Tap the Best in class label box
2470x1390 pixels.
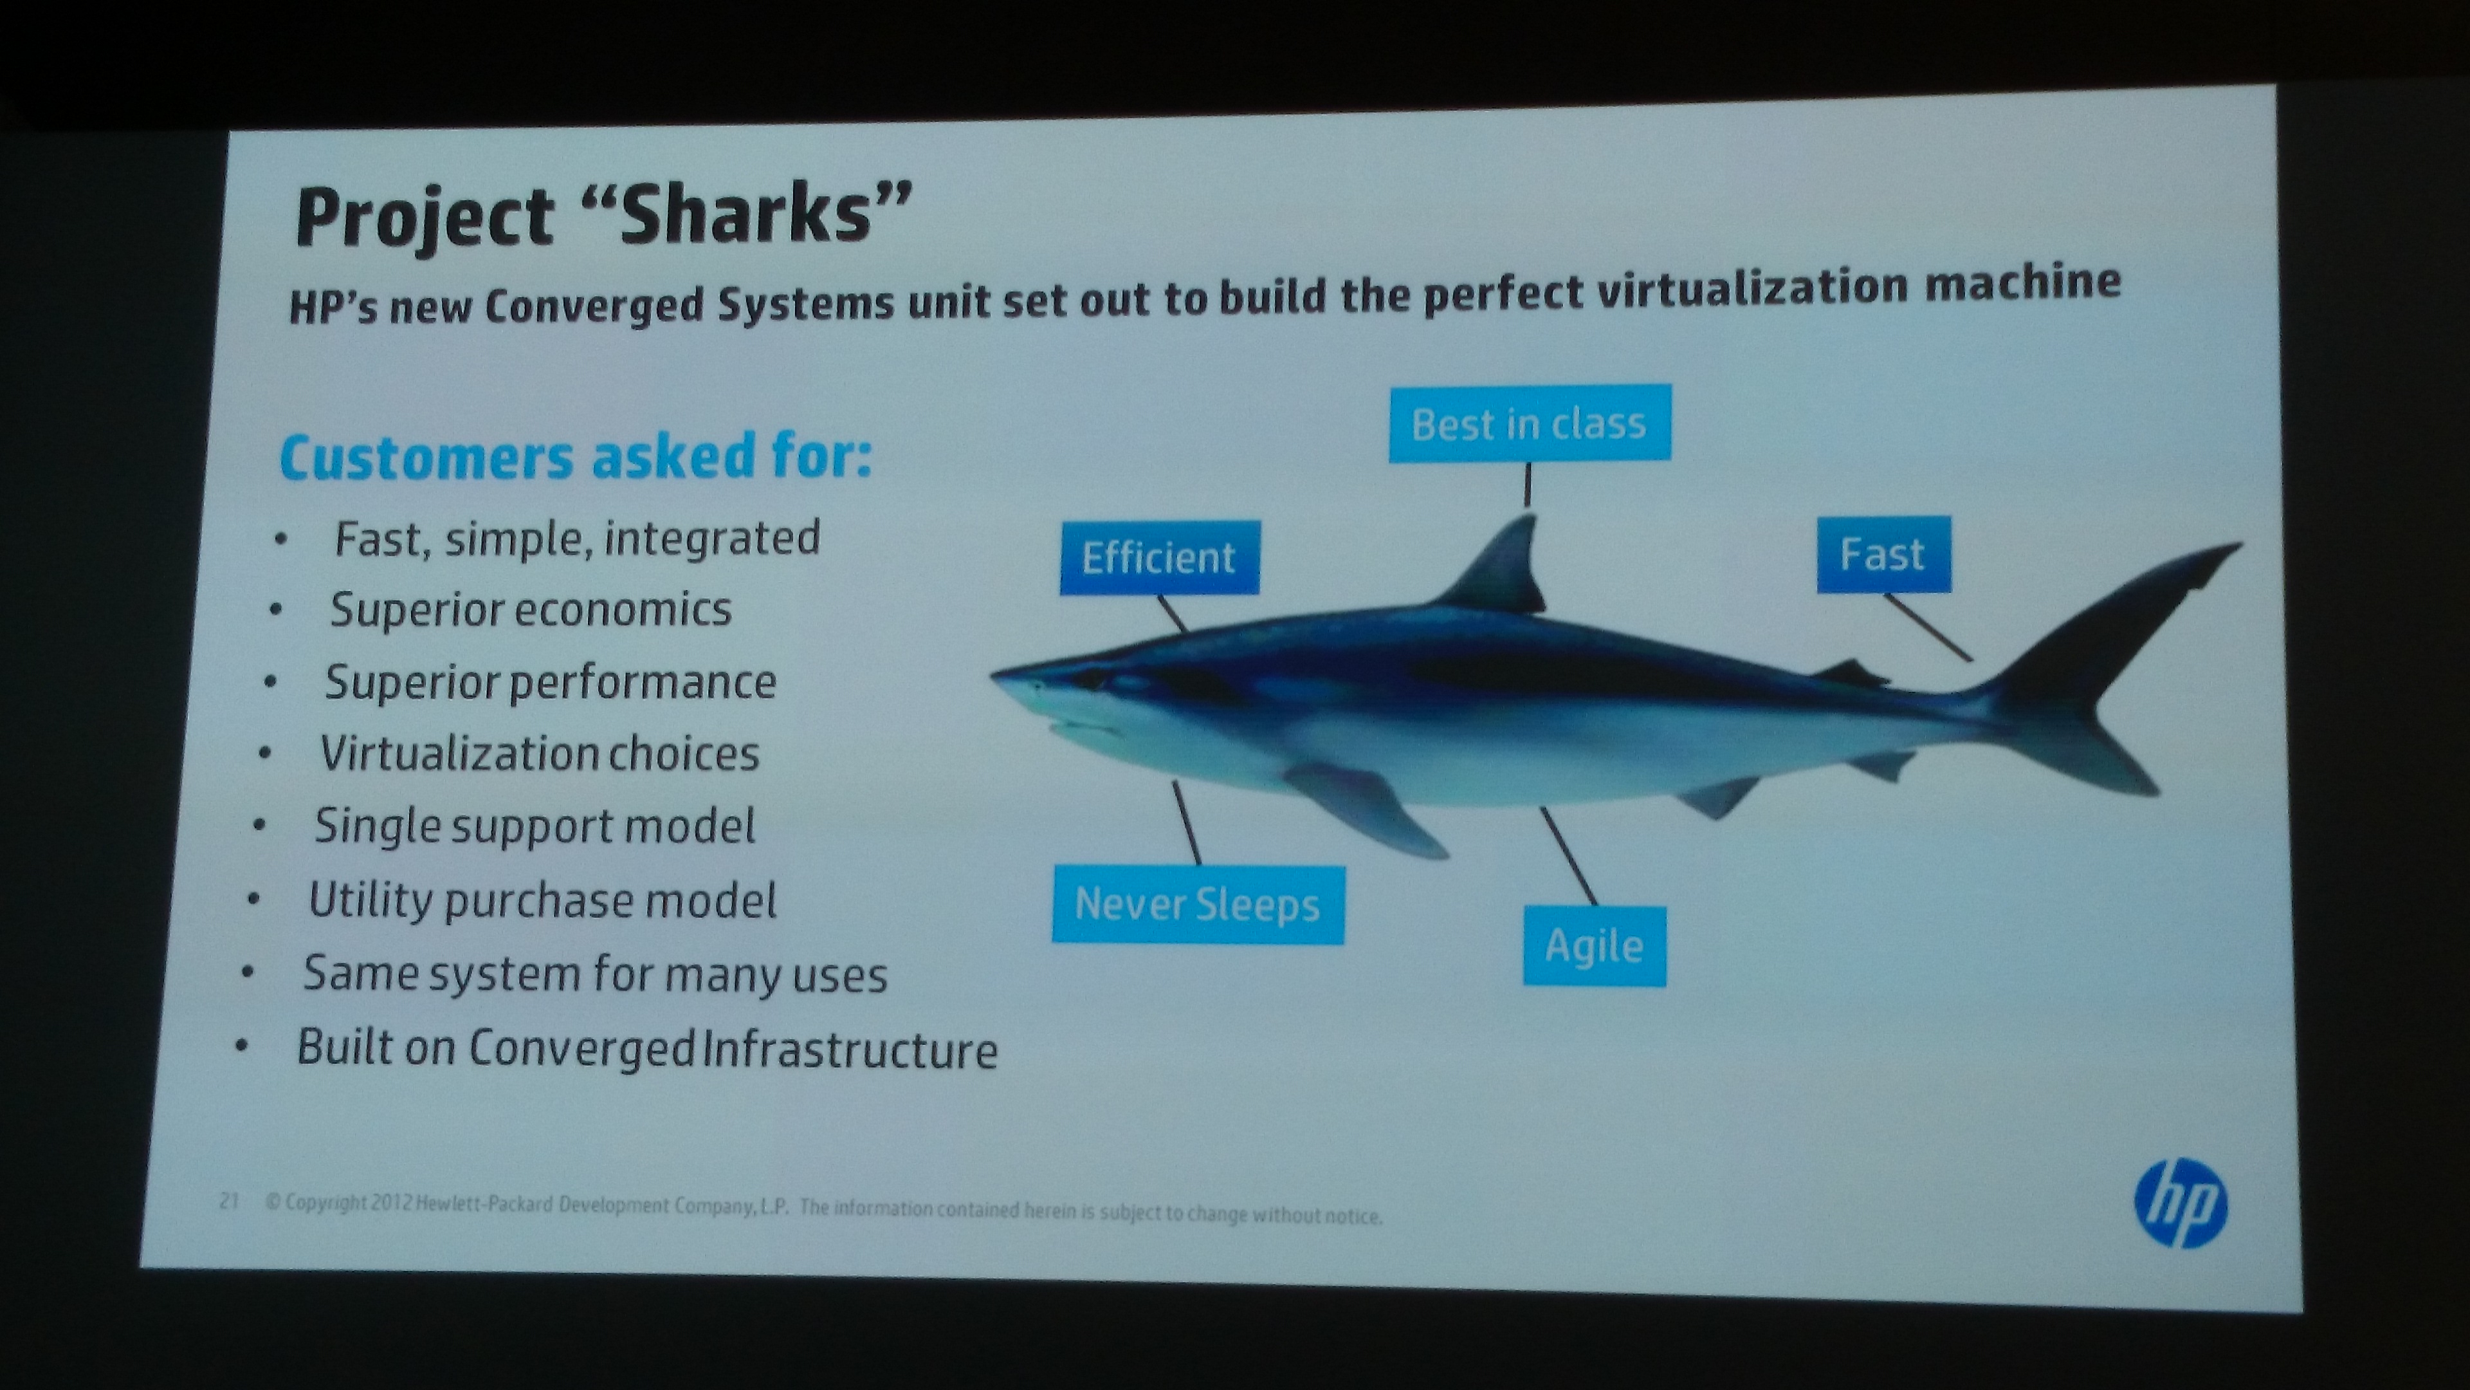pyautogui.click(x=1530, y=423)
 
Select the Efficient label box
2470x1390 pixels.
pyautogui.click(x=1159, y=557)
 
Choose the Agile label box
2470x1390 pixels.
pyautogui.click(x=1595, y=946)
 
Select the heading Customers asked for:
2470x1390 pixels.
pyautogui.click(x=575, y=457)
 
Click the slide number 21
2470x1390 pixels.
pyautogui.click(x=228, y=1201)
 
